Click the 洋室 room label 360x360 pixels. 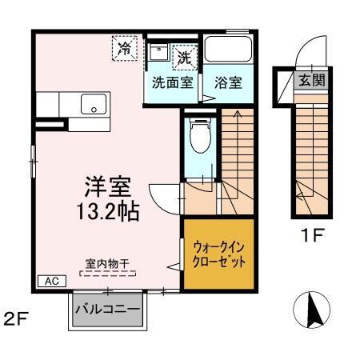[109, 187]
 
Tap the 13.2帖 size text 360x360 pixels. [109, 212]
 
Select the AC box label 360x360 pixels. [50, 281]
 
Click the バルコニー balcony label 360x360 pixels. [107, 307]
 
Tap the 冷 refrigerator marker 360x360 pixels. [125, 49]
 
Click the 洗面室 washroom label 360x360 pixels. [171, 82]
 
